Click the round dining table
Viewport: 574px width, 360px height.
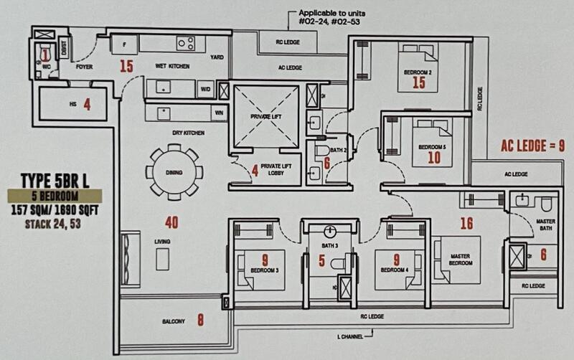click(x=174, y=172)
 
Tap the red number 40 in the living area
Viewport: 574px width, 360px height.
click(x=171, y=222)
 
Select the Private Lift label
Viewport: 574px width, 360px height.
click(x=265, y=116)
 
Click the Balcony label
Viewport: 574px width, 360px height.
click(x=173, y=320)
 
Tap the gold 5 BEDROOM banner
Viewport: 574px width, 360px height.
click(x=55, y=194)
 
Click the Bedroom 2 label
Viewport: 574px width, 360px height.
click(x=418, y=72)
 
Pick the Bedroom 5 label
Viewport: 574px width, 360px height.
click(x=433, y=148)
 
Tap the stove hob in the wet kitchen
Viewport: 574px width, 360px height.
click(x=187, y=44)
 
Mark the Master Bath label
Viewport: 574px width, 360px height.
click(x=546, y=225)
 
